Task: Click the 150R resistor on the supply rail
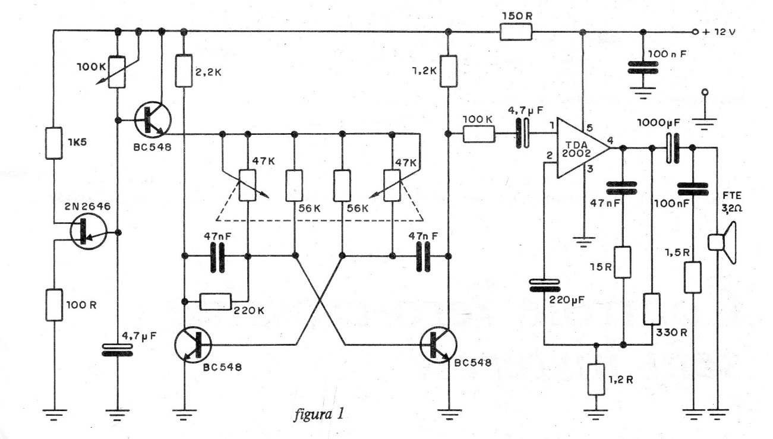[x=516, y=31]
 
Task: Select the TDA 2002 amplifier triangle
[x=583, y=148]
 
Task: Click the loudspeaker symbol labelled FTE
[x=722, y=242]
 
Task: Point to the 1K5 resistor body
[x=54, y=143]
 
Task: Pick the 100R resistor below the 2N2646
[x=54, y=305]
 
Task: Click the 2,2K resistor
[x=184, y=71]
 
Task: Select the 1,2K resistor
[x=448, y=71]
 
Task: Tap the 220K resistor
[x=215, y=302]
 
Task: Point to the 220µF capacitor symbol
[x=544, y=286]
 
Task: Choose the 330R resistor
[x=652, y=309]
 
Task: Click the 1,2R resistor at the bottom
[x=596, y=379]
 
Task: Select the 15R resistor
[x=623, y=263]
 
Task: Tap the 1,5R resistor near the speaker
[x=693, y=277]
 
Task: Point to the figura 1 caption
[x=319, y=414]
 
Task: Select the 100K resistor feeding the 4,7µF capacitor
[x=478, y=134]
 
